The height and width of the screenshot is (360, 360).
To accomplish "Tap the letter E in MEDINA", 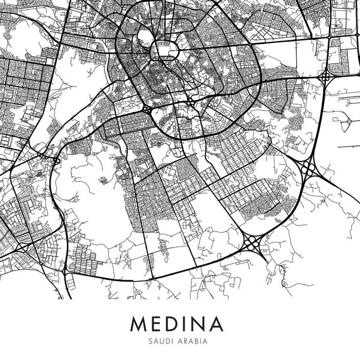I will pyautogui.click(x=159, y=323).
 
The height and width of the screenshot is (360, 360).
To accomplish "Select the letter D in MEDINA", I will pyautogui.click(x=177, y=323).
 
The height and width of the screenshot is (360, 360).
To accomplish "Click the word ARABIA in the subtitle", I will pyautogui.click(x=195, y=341).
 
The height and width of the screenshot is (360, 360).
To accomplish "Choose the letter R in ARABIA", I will pyautogui.click(x=189, y=341).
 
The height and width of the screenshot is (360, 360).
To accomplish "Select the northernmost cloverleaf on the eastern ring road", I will pyautogui.click(x=325, y=77).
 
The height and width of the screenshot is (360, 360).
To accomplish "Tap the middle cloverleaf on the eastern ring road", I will pyautogui.click(x=308, y=169).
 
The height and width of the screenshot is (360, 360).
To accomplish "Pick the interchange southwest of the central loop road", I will pyautogui.click(x=147, y=109).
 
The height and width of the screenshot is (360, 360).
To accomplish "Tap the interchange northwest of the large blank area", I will pyautogui.click(x=55, y=161).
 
